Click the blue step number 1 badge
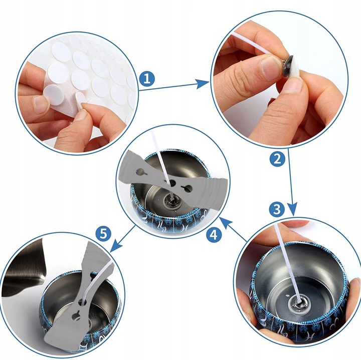(147, 79)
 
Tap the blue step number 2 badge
(277, 159)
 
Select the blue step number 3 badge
(276, 209)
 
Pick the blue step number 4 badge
(214, 235)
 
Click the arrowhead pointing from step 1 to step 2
(203, 84)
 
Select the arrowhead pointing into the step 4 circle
(225, 223)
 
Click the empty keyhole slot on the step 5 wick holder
(76, 315)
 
